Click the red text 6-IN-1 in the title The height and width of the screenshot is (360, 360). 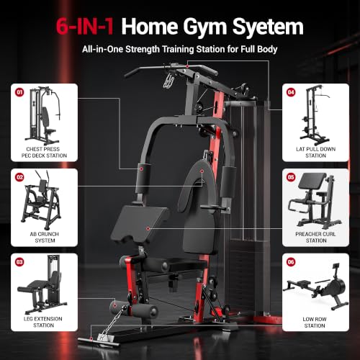pos(85,26)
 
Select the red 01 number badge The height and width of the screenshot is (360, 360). pos(19,92)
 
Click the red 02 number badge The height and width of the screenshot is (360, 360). pos(19,177)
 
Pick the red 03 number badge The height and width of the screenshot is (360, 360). pos(19,262)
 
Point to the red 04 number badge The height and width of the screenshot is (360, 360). pos(291,92)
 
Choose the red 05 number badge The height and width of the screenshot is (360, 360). pos(291,177)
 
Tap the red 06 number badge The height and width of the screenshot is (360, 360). pos(291,262)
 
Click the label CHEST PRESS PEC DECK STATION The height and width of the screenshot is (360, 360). pos(44,152)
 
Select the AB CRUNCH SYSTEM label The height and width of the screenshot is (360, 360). pos(45,237)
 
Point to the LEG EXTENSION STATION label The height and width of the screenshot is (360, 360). pos(43,322)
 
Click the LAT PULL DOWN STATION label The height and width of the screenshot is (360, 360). pos(315,152)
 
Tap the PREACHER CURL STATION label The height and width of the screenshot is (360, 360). pos(315,237)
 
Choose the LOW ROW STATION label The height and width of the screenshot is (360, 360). pos(315,322)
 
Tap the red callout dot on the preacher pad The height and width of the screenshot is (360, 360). pos(148,228)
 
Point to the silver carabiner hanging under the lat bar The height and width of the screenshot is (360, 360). pos(169,81)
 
